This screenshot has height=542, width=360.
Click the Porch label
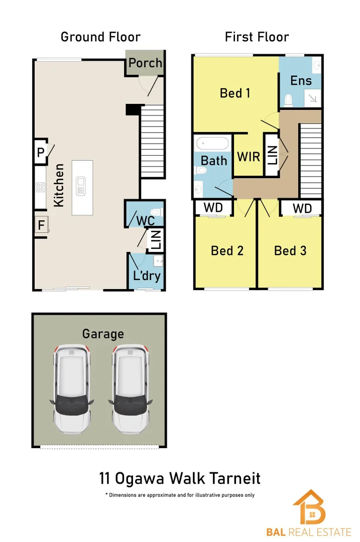click(145, 63)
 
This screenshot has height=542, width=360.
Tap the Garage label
click(103, 334)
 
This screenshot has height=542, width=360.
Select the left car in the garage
click(71, 389)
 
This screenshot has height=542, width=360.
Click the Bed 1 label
click(235, 93)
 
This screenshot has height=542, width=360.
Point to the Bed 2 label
click(227, 250)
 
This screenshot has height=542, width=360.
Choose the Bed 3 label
click(290, 250)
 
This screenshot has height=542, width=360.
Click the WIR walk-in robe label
click(249, 157)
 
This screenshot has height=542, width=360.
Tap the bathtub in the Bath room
click(212, 143)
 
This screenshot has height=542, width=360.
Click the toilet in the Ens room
click(288, 100)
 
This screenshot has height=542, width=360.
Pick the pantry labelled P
click(41, 152)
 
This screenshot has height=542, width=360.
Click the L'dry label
click(147, 276)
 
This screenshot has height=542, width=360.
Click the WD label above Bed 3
click(302, 208)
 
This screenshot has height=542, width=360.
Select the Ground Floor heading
click(100, 37)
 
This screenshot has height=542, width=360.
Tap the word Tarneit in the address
click(233, 478)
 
